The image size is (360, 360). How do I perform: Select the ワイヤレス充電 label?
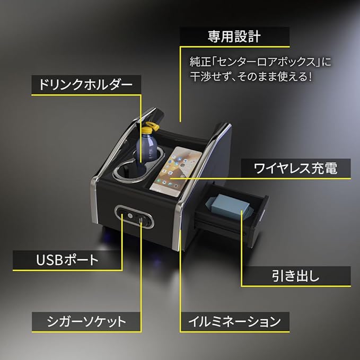pyautogui.click(x=295, y=169)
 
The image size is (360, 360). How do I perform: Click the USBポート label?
pyautogui.click(x=67, y=260)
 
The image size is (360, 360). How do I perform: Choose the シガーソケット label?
pyautogui.click(x=86, y=321)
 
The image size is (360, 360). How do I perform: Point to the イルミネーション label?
pyautogui.click(x=234, y=321)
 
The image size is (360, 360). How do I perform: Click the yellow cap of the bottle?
pyautogui.click(x=149, y=128)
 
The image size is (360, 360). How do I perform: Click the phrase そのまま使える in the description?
pyautogui.click(x=275, y=76)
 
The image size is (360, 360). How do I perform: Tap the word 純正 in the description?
pyautogui.click(x=200, y=62)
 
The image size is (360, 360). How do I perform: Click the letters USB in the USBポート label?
pyautogui.click(x=48, y=260)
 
